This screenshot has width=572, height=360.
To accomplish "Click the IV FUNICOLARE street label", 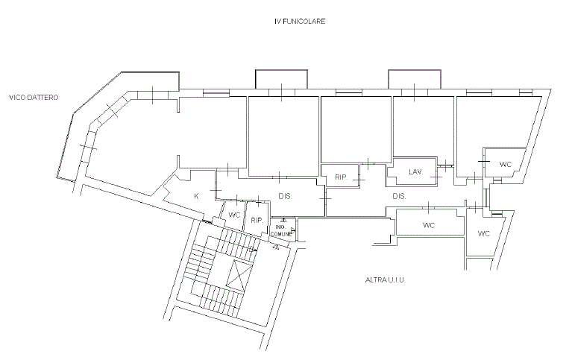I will point(300,22).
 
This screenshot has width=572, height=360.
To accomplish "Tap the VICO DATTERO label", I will point(34,98).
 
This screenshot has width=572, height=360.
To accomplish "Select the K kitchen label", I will point(196,196).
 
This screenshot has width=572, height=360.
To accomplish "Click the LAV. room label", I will point(415,172).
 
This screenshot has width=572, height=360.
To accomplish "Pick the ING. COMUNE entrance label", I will point(281,230).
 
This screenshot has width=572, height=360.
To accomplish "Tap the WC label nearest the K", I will point(234,215).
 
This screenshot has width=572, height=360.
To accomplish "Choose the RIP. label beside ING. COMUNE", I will point(257,221).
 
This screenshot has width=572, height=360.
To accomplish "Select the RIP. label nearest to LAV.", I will point(342,177).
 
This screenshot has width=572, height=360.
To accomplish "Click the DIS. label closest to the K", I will point(284,196).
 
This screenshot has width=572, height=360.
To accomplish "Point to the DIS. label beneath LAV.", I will point(400,196).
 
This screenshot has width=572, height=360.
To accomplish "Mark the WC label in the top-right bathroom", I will point(505,164).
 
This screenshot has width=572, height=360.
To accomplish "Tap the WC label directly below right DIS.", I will point(428,224).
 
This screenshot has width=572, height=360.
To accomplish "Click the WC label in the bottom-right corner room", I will point(483,233).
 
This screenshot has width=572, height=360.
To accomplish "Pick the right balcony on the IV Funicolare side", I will point(414,79).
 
